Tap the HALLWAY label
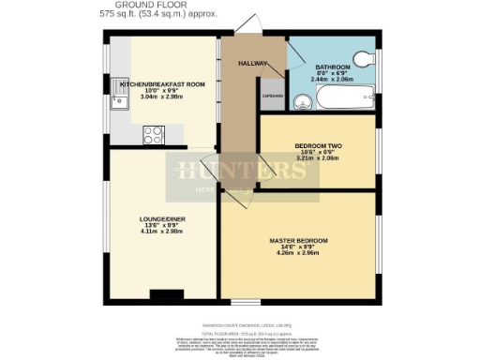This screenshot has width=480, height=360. [254, 62]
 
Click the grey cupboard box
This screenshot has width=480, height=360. [272, 97]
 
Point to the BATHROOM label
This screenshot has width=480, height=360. [333, 67]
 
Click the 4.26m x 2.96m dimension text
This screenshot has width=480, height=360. [298, 253]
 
